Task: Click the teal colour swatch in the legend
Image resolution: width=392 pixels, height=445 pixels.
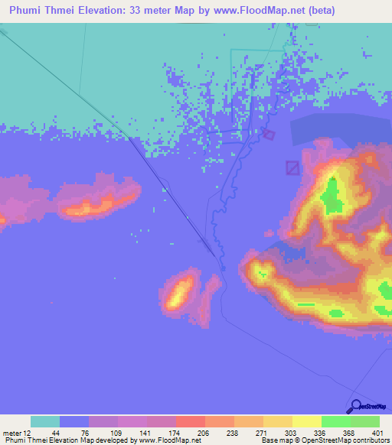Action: point(45,421)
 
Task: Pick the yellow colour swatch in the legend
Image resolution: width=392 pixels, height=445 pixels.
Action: point(307,421)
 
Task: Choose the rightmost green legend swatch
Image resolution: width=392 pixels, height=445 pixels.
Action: point(365,421)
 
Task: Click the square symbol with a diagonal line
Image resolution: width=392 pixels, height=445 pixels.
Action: point(292,167)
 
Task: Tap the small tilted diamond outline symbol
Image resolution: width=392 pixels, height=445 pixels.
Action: point(268,135)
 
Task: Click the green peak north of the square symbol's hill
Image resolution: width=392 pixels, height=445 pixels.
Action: point(332,195)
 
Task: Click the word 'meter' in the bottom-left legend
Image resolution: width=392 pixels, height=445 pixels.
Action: point(11,433)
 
